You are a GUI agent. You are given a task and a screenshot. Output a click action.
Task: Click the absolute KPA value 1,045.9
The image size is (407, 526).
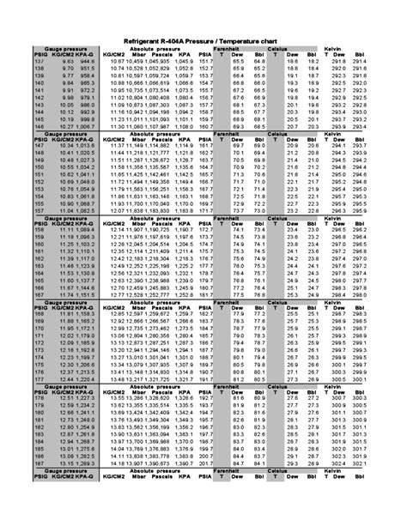pos(184,63)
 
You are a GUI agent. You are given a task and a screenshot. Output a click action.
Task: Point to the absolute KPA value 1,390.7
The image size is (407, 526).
pos(184,462)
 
